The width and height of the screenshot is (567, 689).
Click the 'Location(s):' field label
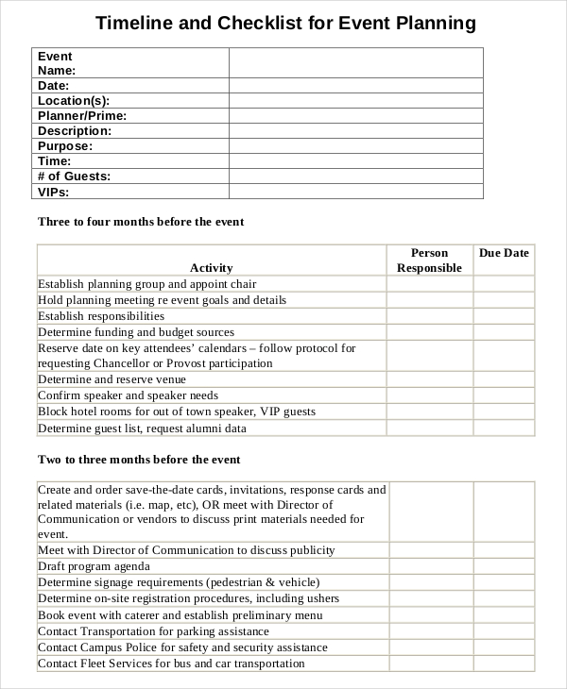(74, 101)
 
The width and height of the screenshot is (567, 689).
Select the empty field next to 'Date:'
(355, 86)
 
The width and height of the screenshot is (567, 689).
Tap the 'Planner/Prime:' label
(81, 116)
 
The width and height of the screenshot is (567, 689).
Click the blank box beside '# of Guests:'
(355, 176)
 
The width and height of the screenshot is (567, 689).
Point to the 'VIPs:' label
(53, 192)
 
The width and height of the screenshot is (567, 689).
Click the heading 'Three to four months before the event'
(140, 222)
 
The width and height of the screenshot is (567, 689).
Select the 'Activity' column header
(211, 267)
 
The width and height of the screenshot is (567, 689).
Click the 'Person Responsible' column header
(429, 260)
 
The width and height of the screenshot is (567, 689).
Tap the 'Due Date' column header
(504, 253)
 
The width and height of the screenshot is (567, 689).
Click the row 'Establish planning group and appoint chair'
(146, 283)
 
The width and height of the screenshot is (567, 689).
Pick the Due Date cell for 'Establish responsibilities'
(504, 316)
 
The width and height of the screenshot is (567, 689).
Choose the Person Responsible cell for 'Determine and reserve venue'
(429, 379)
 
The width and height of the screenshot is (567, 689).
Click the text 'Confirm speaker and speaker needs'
(128, 395)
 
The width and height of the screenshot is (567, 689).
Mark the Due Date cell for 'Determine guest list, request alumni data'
(504, 428)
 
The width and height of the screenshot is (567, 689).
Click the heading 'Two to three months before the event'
(138, 460)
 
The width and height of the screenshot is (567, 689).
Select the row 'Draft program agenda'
(94, 566)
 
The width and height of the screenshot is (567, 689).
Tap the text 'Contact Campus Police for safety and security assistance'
(182, 647)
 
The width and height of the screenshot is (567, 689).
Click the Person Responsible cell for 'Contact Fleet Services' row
(431, 664)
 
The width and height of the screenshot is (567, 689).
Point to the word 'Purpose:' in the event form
(64, 146)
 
